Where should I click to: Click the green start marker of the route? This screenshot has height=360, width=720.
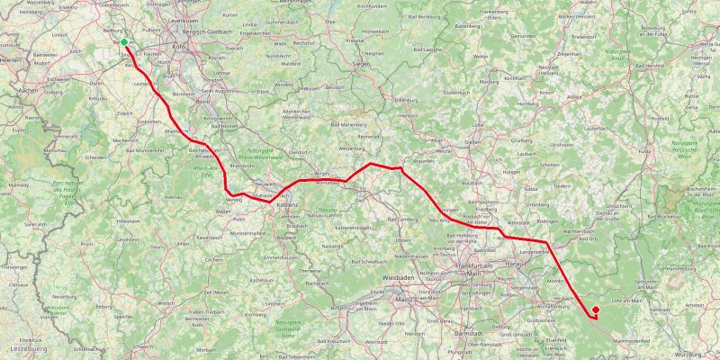[123, 41]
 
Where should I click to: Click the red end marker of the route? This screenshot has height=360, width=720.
[595, 310]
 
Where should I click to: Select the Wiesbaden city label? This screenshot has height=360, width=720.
[400, 278]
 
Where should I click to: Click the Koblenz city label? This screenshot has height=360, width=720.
[287, 205]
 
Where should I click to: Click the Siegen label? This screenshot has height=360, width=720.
[362, 65]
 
